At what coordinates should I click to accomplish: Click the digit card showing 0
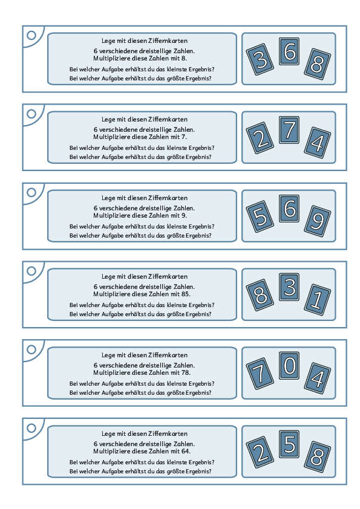(x=289, y=366)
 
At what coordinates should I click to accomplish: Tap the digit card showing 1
(x=318, y=300)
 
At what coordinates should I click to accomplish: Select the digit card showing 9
(x=318, y=221)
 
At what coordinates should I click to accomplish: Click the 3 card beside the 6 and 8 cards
(x=260, y=60)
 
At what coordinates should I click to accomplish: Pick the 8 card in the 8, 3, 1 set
(x=260, y=296)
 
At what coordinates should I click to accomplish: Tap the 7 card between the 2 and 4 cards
(x=289, y=130)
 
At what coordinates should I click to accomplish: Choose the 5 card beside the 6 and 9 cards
(x=260, y=217)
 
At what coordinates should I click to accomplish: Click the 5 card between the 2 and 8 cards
(x=289, y=444)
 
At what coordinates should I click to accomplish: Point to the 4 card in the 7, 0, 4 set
(x=318, y=378)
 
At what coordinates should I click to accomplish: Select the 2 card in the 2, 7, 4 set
(x=260, y=138)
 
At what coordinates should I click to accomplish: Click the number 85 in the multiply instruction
(x=186, y=294)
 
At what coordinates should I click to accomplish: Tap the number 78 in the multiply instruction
(x=186, y=372)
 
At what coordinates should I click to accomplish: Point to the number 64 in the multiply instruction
(x=186, y=451)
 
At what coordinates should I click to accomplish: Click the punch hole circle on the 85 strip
(x=31, y=271)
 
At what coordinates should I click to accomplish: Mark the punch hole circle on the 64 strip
(x=31, y=428)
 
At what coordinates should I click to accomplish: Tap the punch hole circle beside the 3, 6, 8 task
(x=31, y=35)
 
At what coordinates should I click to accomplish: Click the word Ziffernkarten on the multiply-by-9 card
(x=168, y=198)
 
